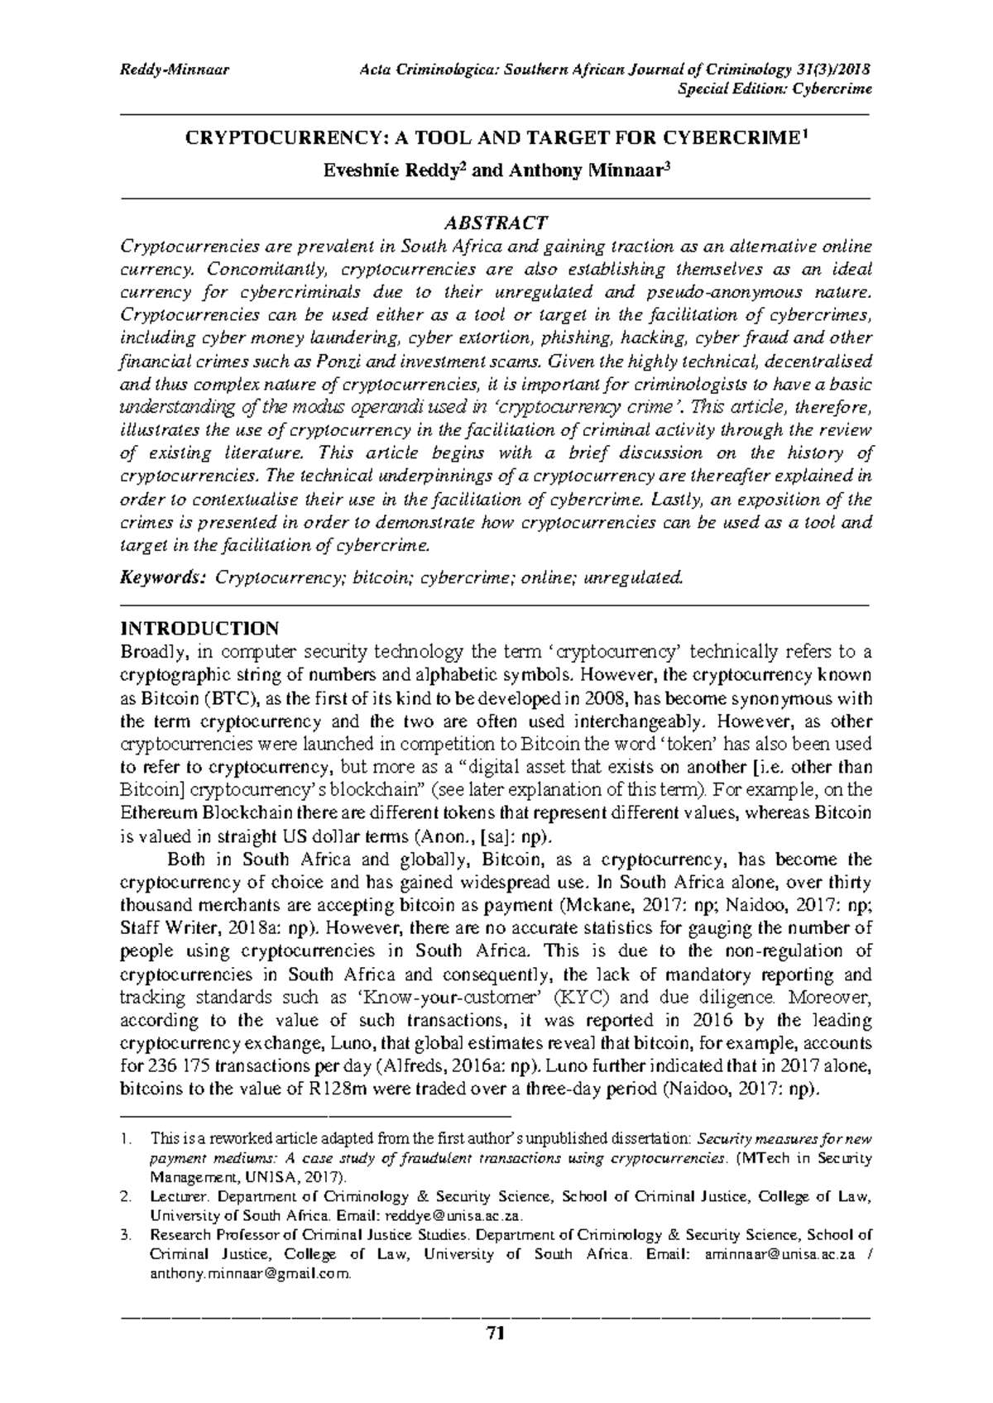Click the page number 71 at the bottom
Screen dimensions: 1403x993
coord(496,1333)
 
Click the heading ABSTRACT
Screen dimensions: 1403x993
coord(496,223)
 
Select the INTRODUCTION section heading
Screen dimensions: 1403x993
coord(199,628)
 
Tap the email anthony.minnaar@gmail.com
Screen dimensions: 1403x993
coord(250,1274)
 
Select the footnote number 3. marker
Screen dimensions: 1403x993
coord(126,1236)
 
